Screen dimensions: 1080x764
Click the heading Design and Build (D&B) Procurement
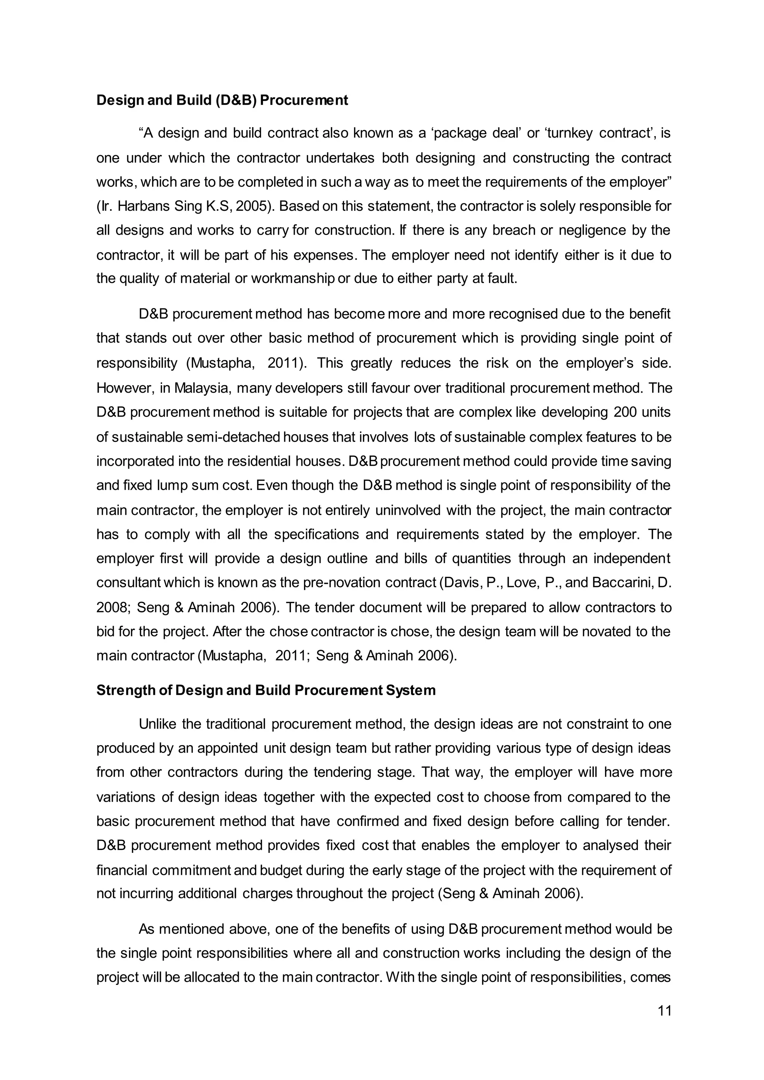222,100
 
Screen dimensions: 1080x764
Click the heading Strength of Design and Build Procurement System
266,690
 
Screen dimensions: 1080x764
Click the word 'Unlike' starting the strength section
157,723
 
